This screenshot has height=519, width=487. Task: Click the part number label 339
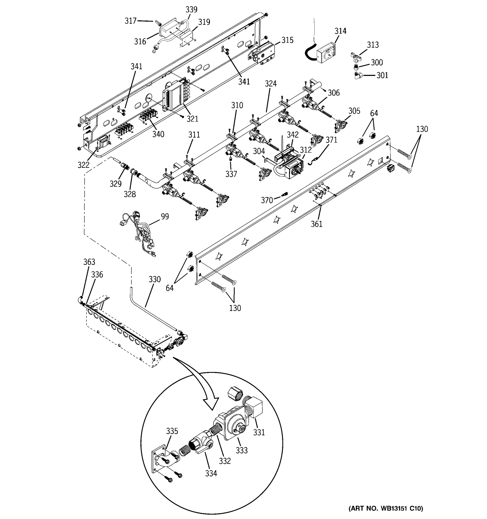pyautogui.click(x=191, y=10)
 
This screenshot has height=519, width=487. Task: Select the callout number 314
pyautogui.click(x=340, y=31)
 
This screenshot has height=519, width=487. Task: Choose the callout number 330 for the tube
pyautogui.click(x=155, y=279)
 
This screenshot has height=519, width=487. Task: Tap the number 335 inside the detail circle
pyautogui.click(x=172, y=431)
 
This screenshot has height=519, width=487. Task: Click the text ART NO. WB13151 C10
pyautogui.click(x=386, y=508)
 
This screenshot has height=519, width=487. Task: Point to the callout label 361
pyautogui.click(x=316, y=224)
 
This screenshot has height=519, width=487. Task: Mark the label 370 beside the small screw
pyautogui.click(x=267, y=200)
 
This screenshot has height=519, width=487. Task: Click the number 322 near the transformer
pyautogui.click(x=83, y=165)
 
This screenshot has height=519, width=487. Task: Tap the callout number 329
pyautogui.click(x=116, y=184)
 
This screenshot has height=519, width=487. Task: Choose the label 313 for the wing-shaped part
pyautogui.click(x=373, y=45)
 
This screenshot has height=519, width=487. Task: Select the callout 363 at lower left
pyautogui.click(x=89, y=262)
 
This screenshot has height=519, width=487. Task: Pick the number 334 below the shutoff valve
pyautogui.click(x=211, y=473)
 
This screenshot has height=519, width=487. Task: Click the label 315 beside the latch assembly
pyautogui.click(x=287, y=40)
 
